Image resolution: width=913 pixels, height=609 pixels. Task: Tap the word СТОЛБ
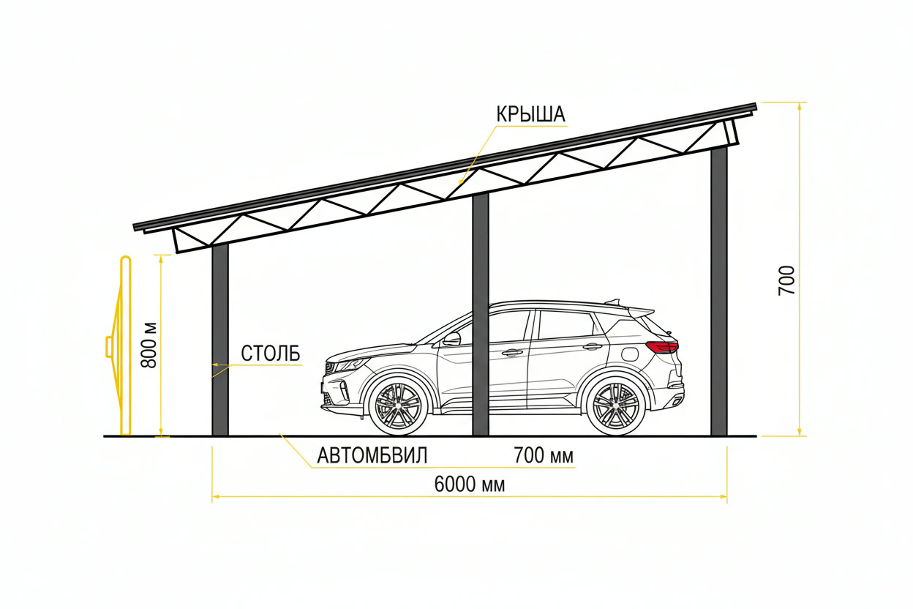point(271,354)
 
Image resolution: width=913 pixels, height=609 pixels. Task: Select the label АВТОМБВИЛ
point(372,455)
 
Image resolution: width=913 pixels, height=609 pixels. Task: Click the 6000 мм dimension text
point(470,485)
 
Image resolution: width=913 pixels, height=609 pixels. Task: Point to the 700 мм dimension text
point(544,455)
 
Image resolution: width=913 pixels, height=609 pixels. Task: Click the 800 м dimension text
point(149,345)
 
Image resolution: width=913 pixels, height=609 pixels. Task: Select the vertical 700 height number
point(786,280)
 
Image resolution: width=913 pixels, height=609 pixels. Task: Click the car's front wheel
point(397,406)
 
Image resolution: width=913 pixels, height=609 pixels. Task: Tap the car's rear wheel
point(616,406)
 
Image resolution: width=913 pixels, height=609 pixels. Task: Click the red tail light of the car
point(662,347)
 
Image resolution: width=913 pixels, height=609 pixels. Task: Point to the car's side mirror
point(451,339)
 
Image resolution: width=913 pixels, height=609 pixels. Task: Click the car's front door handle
point(512,352)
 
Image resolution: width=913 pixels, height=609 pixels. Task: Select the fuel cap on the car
point(631,354)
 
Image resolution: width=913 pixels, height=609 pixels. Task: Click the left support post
point(220,340)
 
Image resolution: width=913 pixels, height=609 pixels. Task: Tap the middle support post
point(480,314)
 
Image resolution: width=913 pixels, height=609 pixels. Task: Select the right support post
point(719,291)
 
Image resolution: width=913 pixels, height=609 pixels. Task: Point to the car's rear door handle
point(593,347)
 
